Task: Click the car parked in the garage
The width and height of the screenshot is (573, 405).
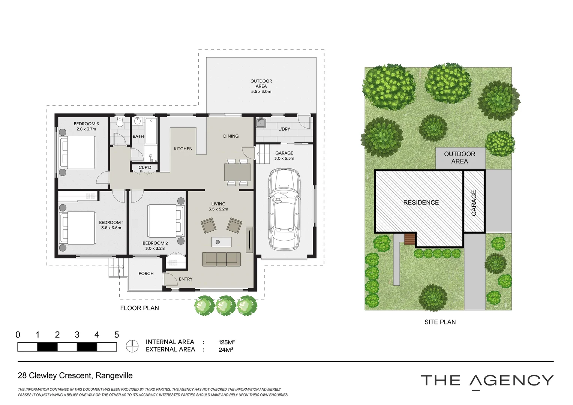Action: click(284, 209)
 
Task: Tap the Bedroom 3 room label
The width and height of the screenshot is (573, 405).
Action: click(86, 124)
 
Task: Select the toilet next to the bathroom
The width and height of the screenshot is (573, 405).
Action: click(120, 122)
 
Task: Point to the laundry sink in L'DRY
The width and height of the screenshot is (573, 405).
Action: click(261, 123)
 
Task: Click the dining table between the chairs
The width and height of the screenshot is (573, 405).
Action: click(237, 172)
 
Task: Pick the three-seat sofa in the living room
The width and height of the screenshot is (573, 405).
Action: click(221, 259)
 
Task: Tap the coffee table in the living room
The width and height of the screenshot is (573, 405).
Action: click(221, 242)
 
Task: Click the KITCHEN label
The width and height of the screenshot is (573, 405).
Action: click(183, 148)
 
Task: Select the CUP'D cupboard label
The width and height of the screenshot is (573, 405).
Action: click(145, 167)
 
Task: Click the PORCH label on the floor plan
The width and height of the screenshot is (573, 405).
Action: click(146, 273)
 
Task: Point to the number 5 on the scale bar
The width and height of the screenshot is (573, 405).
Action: click(117, 334)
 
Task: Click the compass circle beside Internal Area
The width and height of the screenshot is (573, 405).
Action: click(132, 346)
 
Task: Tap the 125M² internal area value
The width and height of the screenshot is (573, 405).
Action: click(226, 342)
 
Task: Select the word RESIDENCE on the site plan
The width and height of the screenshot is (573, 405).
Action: click(421, 202)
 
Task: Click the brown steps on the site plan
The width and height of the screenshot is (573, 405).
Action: click(409, 239)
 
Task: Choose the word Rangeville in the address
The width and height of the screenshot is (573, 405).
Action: click(114, 376)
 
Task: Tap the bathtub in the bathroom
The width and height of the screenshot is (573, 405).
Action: click(151, 131)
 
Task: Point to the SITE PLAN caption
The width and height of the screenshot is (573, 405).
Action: click(440, 322)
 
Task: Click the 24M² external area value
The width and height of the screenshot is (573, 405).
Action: click(226, 350)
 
